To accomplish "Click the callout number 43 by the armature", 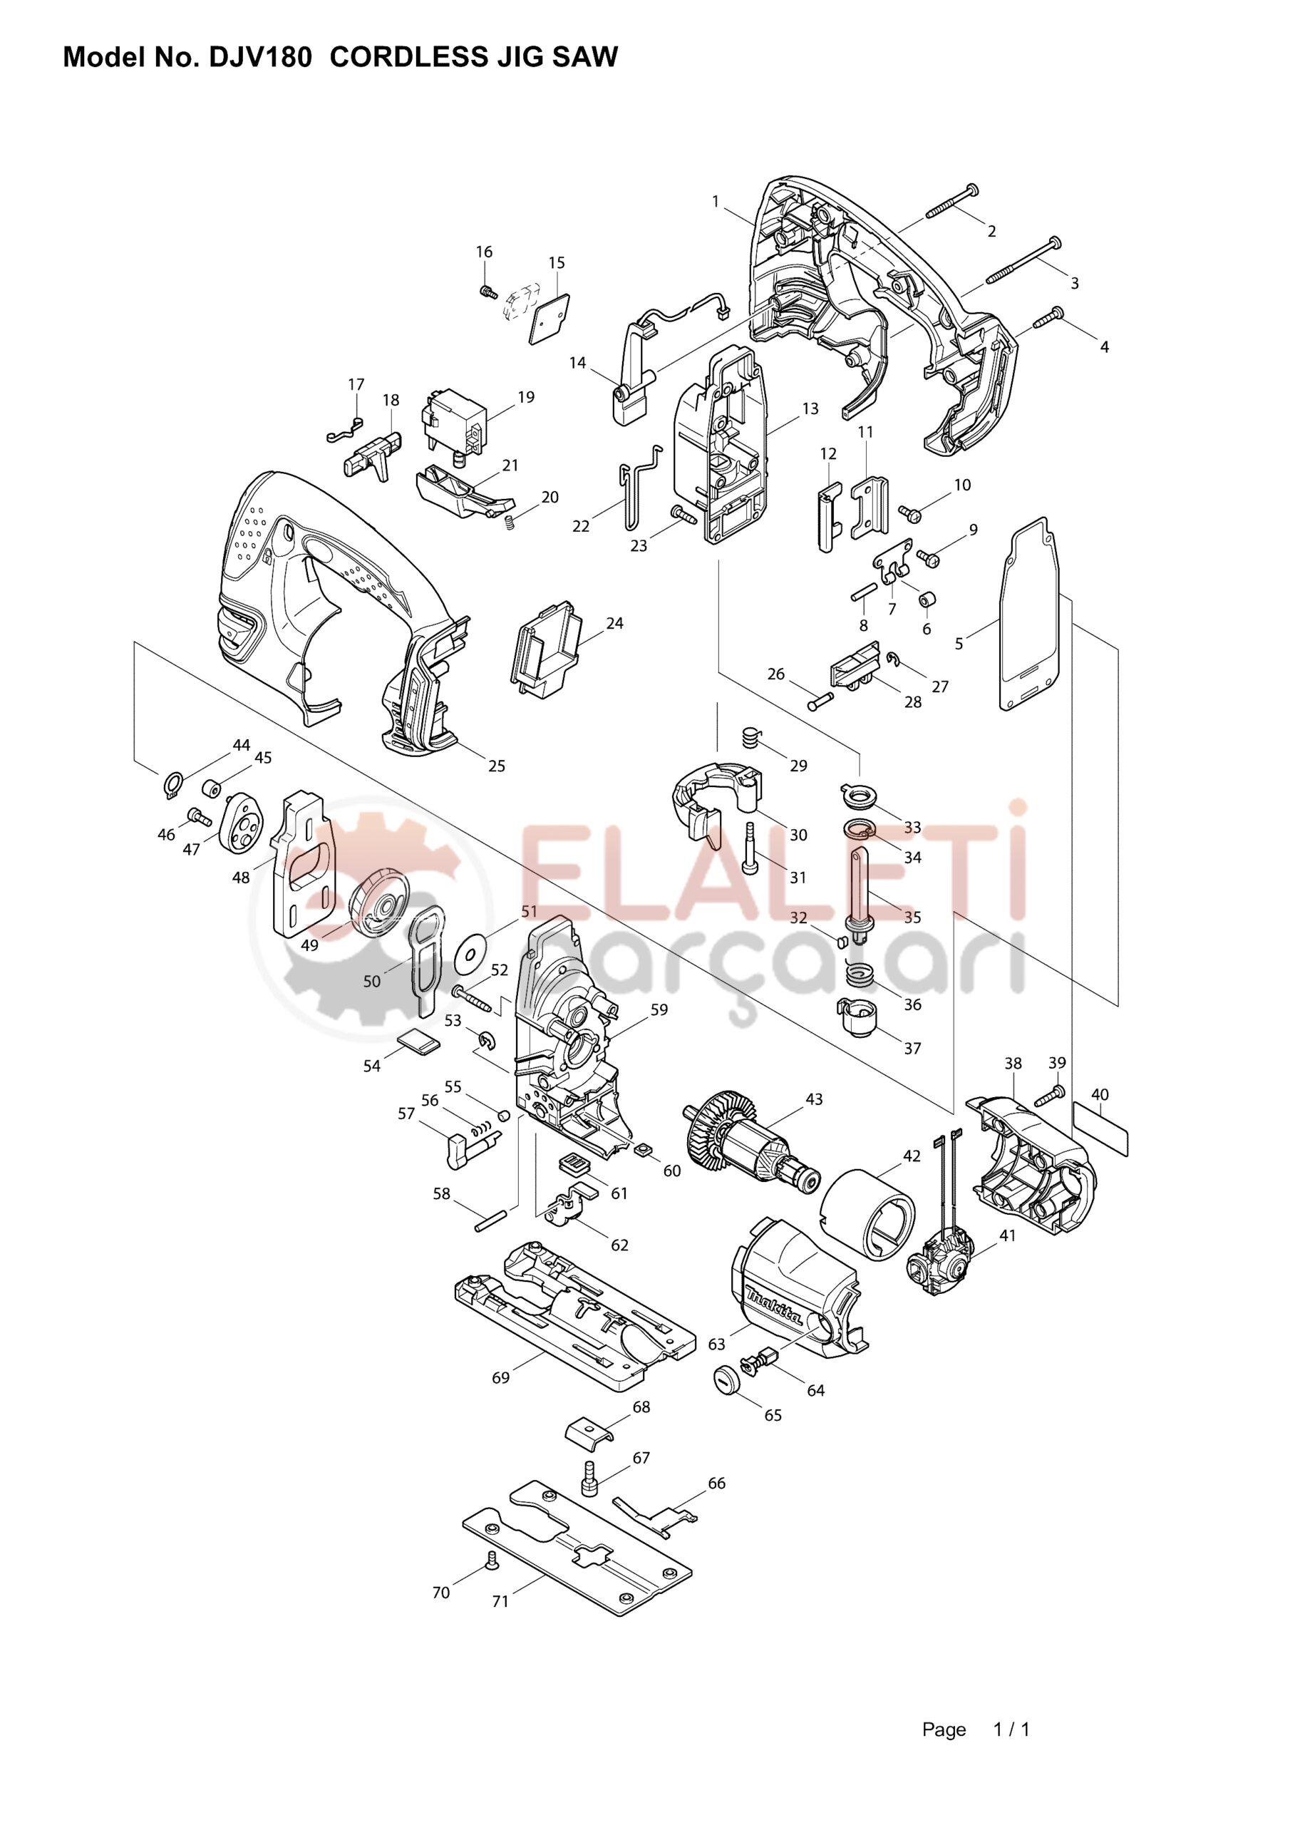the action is [814, 1099].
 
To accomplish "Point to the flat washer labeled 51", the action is [472, 955].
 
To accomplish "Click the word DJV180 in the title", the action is [259, 57].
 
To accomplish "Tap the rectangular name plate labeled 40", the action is [1100, 1129].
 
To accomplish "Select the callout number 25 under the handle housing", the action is [496, 766].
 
